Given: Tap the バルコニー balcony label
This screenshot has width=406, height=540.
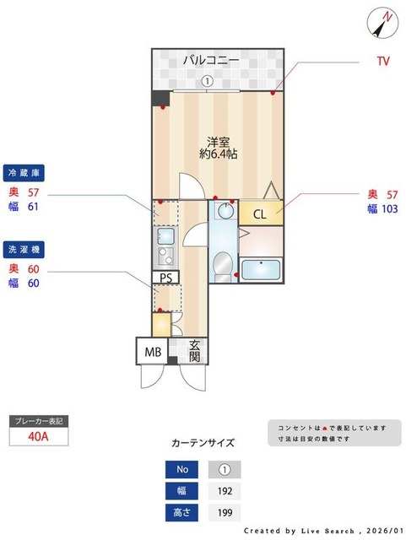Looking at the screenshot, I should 211,60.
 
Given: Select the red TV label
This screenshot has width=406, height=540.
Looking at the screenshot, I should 382,62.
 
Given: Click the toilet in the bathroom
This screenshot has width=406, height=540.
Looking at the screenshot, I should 222,263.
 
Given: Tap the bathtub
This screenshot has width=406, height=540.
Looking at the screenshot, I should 261,270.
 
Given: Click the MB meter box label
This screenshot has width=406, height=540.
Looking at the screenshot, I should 152,351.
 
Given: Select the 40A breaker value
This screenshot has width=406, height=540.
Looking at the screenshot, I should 37,436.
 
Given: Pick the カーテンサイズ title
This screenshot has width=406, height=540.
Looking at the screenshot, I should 203,442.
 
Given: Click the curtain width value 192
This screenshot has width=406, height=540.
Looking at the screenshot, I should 225,490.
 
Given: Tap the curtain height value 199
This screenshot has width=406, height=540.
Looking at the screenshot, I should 225,511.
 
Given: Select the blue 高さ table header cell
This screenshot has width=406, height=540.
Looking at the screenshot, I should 182,511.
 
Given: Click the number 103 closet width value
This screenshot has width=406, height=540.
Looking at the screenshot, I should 389,209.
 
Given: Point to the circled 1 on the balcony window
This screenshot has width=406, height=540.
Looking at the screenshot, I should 206,82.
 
